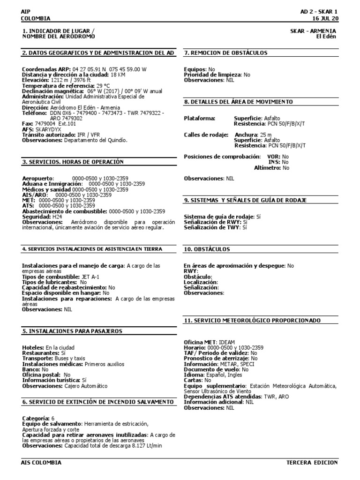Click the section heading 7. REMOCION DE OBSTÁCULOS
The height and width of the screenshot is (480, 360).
pos(226,53)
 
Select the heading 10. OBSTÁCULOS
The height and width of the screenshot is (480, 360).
pos(207,249)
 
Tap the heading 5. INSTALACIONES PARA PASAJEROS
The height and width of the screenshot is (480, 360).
pos(72,331)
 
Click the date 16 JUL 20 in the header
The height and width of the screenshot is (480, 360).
pos(324,18)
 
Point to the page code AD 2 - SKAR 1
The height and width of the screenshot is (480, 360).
pos(319,11)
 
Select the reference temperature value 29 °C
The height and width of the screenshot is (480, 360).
pos(103,86)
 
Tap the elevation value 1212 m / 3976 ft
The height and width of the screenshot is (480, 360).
pos(68,80)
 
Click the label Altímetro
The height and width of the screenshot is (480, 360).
pos(267,167)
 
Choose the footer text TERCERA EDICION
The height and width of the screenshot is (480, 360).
pos(312,463)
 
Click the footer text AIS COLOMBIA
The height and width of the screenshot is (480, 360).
pos(41,463)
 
